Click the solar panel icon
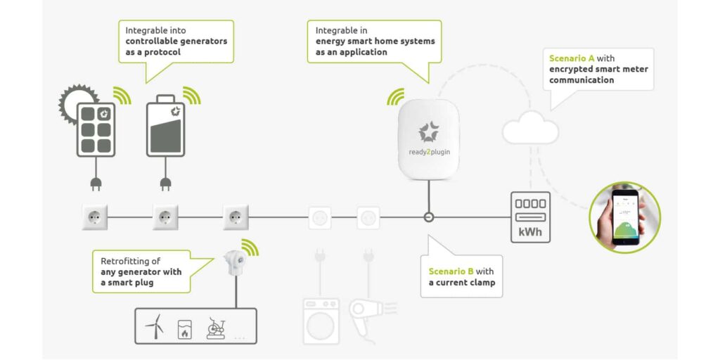[96, 130]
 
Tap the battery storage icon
[166, 126]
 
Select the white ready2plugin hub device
[428, 139]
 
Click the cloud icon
[530, 128]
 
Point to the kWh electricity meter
[530, 217]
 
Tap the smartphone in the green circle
[625, 217]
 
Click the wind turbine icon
[155, 326]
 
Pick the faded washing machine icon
[321, 321]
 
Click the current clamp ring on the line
[428, 217]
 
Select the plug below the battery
[166, 184]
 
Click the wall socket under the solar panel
[95, 217]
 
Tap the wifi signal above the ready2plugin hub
[396, 97]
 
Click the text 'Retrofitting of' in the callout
[130, 262]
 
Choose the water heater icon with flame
[185, 329]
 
